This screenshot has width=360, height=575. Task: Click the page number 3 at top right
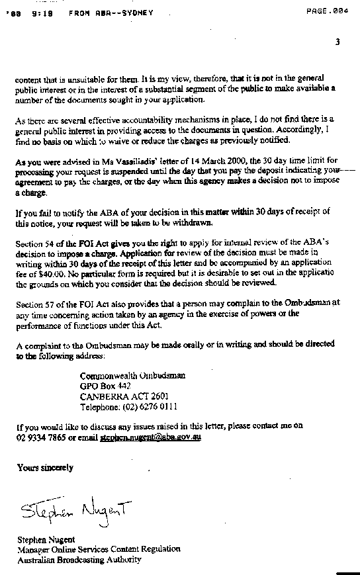(337, 42)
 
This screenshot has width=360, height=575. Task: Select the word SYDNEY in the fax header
(138, 13)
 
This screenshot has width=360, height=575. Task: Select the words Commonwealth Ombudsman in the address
(132, 376)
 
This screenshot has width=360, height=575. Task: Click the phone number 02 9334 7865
(40, 437)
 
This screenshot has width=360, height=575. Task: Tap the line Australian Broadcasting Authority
(79, 559)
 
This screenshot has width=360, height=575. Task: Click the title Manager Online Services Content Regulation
(99, 549)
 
